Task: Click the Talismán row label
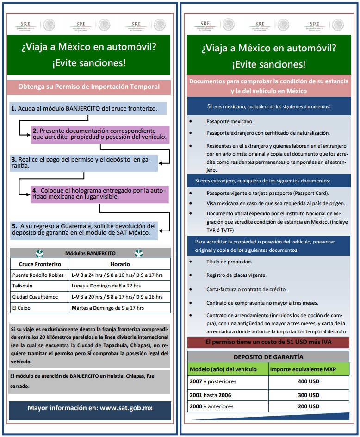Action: point(23,286)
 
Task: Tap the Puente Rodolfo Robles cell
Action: point(38,275)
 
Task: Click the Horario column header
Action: point(120,264)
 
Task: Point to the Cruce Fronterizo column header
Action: point(40,264)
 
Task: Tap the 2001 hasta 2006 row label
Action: point(211,395)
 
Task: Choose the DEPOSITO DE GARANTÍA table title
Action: point(268,357)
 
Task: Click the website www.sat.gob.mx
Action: point(126,408)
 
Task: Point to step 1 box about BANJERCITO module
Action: point(88,109)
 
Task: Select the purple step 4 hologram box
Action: point(100,194)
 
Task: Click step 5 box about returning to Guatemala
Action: point(84,230)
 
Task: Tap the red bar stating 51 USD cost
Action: point(268,343)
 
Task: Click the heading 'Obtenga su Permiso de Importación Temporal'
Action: point(89,87)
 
